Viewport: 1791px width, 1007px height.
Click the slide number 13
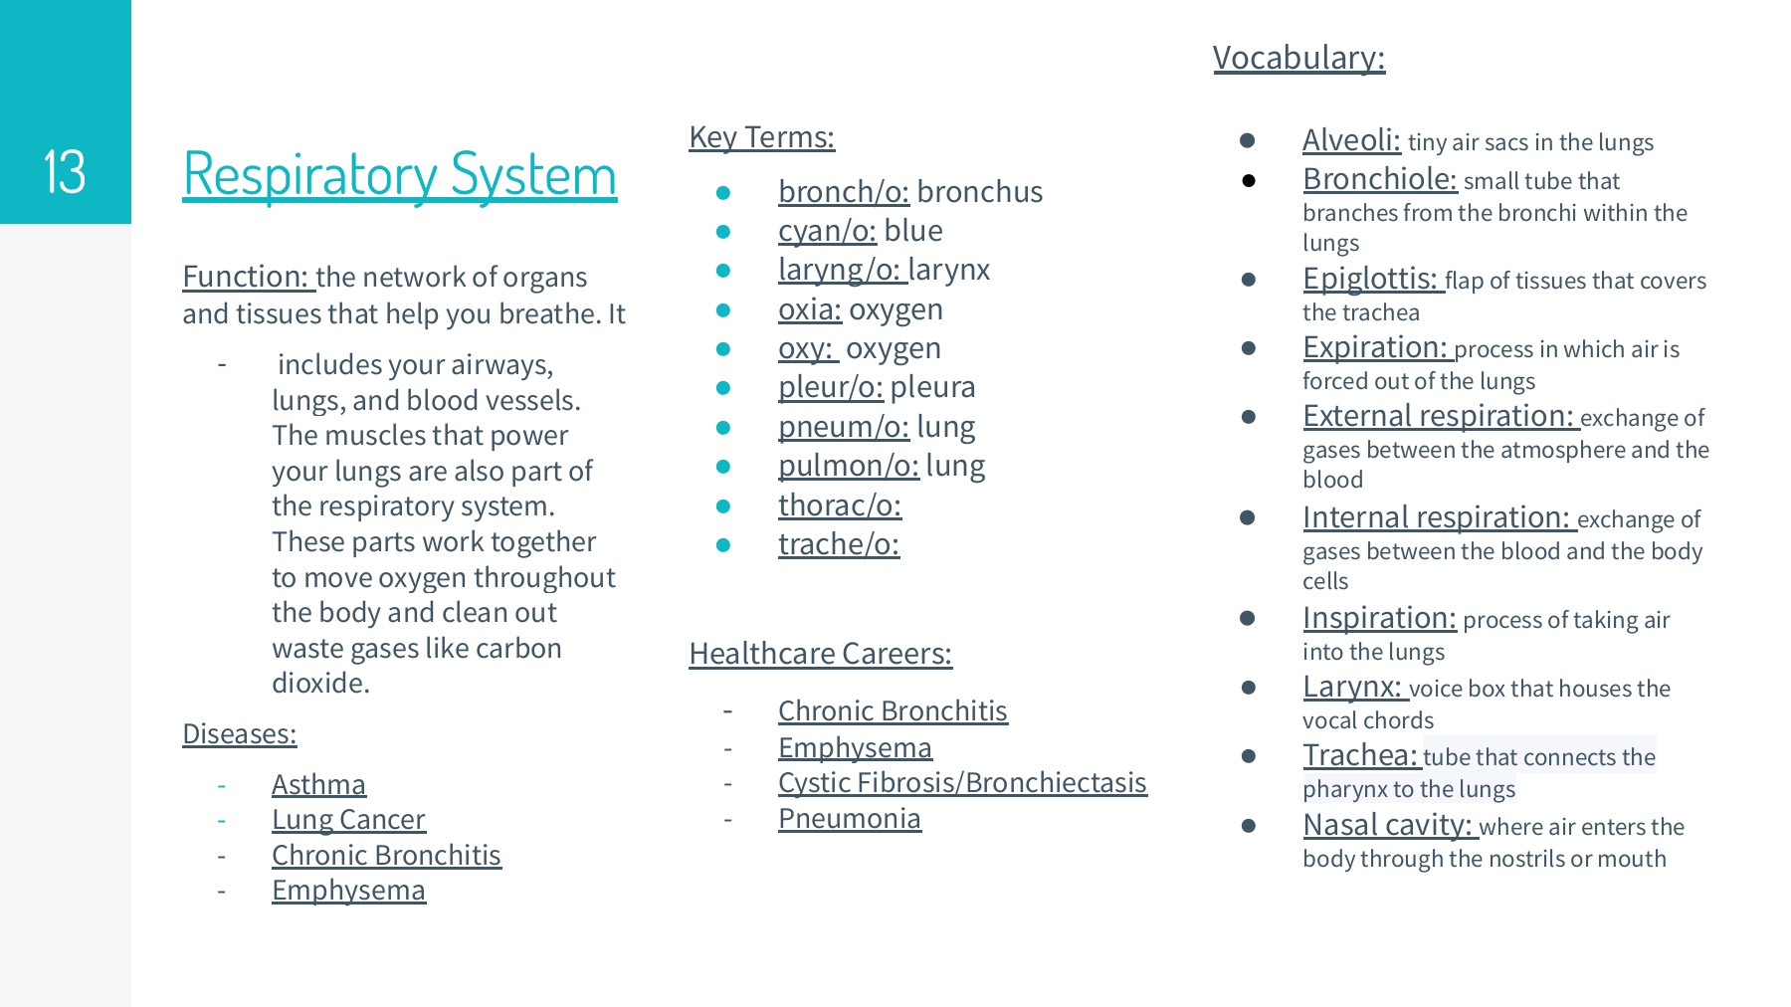click(65, 172)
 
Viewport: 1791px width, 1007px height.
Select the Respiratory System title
click(399, 175)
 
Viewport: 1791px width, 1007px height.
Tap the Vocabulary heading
click(1298, 58)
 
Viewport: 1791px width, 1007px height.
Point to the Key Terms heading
click(761, 137)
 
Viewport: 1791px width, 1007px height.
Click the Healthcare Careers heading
click(820, 654)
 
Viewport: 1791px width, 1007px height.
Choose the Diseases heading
click(239, 734)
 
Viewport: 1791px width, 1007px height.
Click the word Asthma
click(318, 785)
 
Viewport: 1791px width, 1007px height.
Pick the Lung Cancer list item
click(348, 820)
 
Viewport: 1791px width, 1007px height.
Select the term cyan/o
click(827, 231)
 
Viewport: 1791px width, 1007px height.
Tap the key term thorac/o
click(840, 505)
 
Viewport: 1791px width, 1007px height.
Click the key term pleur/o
click(830, 387)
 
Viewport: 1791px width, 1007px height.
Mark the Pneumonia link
click(849, 819)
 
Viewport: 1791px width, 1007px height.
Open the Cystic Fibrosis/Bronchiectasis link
click(962, 783)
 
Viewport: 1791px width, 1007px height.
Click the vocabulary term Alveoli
click(1351, 141)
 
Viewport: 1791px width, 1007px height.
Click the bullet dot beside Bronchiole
click(1248, 181)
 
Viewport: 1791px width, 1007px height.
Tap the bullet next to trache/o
click(723, 545)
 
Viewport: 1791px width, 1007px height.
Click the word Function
click(246, 277)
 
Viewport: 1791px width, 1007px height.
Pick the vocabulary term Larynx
click(1352, 688)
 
